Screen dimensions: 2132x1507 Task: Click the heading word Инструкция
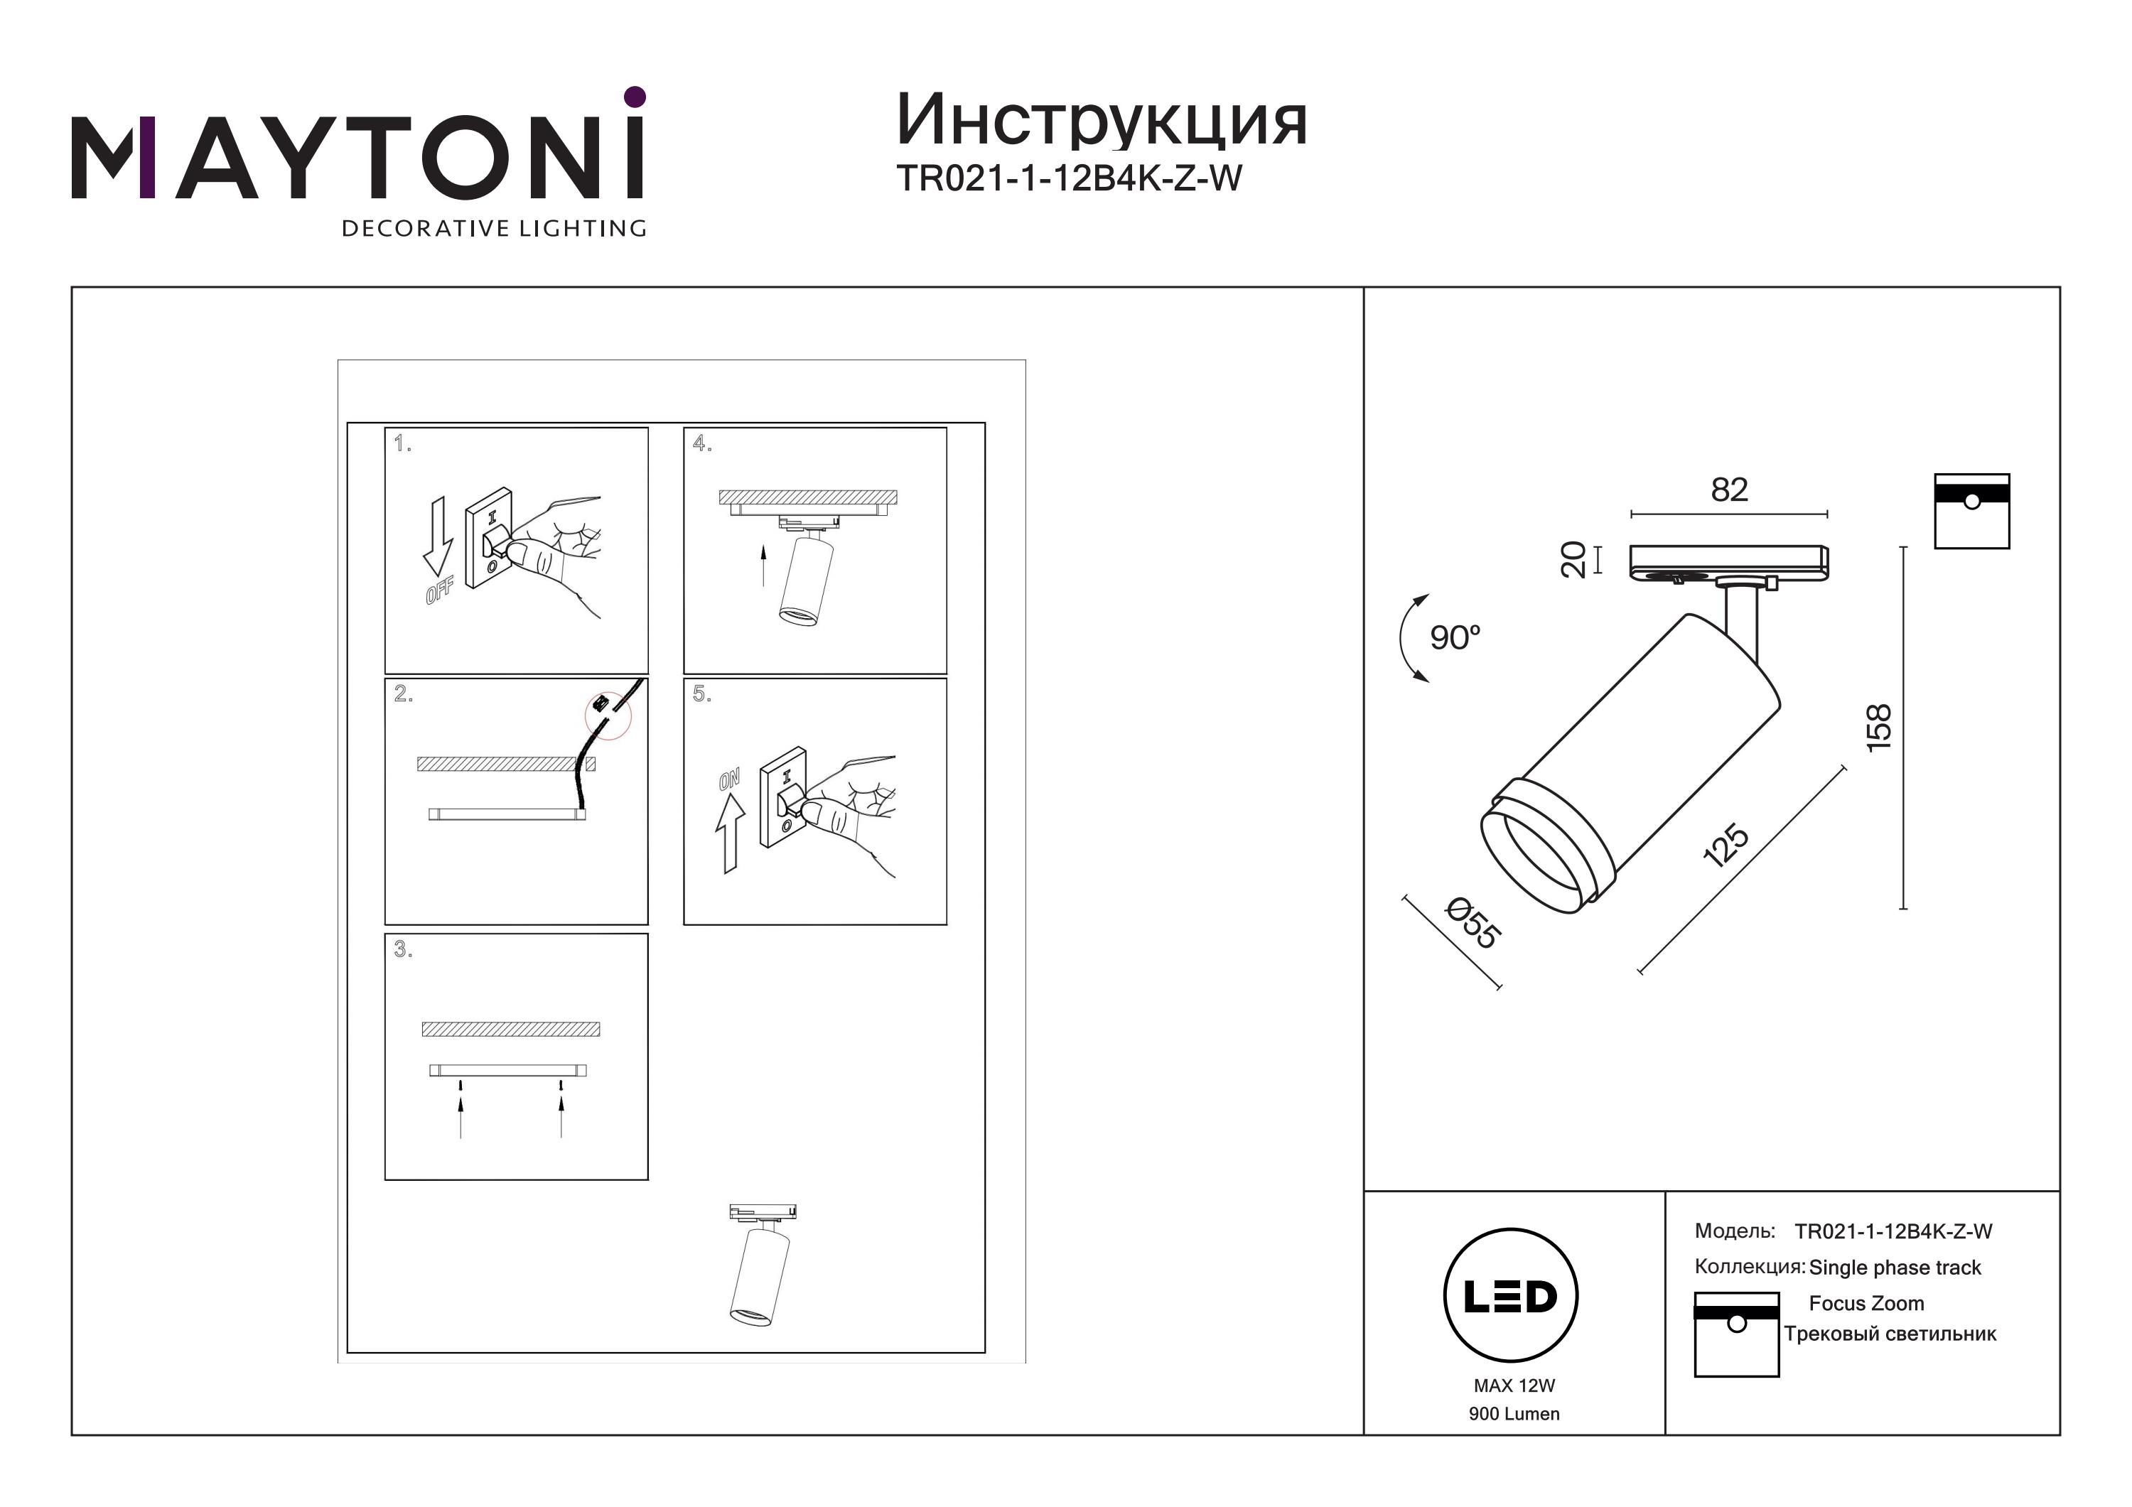1102,121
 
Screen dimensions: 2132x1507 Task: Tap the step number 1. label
402,444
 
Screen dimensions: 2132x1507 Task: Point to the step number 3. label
402,949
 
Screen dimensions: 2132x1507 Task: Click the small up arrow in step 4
763,566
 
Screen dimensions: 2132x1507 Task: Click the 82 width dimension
1729,490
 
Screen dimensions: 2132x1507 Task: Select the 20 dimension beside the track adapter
1573,559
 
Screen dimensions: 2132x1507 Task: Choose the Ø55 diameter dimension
1473,924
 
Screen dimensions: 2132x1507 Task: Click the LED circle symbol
1511,1295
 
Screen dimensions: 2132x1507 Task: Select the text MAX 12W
1514,1386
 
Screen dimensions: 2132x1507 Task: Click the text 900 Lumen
1514,1413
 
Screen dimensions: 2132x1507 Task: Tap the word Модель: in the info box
1735,1231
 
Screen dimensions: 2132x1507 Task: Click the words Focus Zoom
1866,1304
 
